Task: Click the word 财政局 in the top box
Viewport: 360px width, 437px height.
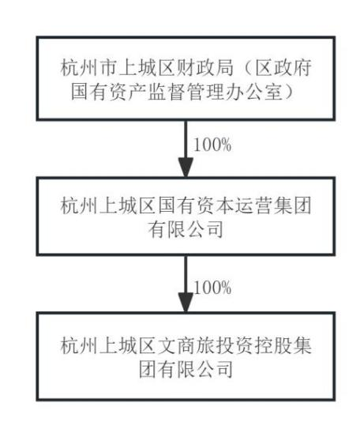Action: (205, 68)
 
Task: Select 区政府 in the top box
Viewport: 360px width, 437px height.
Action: (283, 68)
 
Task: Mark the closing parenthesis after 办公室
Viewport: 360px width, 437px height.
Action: (290, 92)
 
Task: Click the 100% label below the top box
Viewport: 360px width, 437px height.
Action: (212, 145)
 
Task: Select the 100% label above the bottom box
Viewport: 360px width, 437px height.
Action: (212, 288)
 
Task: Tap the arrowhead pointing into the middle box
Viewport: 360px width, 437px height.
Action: (186, 168)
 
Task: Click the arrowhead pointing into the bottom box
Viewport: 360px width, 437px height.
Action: (186, 303)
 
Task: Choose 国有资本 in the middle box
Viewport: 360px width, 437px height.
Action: (196, 206)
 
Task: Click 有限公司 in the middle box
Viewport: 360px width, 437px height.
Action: (186, 230)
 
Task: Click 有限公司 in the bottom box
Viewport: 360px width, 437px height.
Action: (196, 369)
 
